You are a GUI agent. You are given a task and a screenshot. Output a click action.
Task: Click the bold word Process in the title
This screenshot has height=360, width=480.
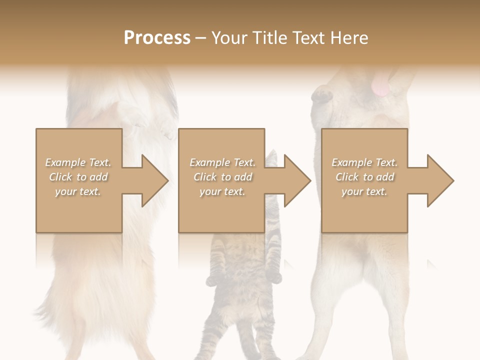point(157,38)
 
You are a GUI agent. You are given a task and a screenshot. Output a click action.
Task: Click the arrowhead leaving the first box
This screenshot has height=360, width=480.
point(154,180)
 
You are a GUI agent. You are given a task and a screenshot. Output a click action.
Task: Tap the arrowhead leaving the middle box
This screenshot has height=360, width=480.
point(297,180)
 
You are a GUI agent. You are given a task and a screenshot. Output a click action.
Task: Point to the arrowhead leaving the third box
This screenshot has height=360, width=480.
point(440,180)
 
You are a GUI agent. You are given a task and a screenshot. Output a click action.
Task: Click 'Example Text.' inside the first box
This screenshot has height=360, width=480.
point(78,162)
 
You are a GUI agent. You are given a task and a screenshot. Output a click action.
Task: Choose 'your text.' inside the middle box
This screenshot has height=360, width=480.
point(222,191)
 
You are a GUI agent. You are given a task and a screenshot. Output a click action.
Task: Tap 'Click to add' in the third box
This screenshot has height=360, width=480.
point(364,177)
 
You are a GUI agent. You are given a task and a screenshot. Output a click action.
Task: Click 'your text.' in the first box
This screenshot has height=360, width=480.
point(78,191)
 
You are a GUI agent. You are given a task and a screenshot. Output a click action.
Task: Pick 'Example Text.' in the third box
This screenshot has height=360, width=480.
point(364,162)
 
